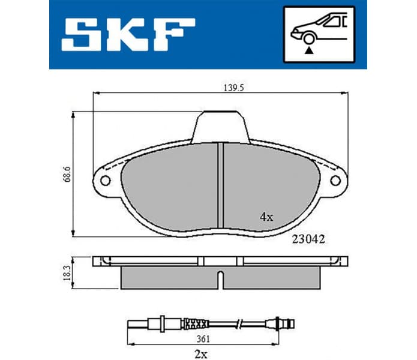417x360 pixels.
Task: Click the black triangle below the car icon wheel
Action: tap(308, 52)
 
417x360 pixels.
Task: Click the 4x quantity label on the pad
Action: tap(266, 217)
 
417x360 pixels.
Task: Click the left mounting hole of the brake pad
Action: tap(105, 180)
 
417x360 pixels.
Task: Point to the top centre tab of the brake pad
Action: tap(220, 127)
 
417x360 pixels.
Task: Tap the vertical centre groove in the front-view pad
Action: tap(220, 185)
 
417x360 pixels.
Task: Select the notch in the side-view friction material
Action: tap(220, 278)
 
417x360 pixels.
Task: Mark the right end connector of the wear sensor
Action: tap(288, 325)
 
